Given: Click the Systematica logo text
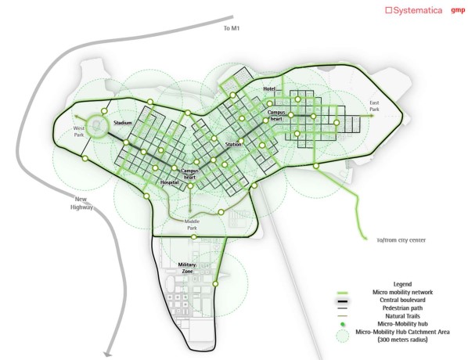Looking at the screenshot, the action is pyautogui.click(x=414, y=10).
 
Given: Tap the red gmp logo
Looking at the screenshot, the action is pyautogui.click(x=458, y=10).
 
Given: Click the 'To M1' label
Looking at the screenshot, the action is pyautogui.click(x=232, y=28).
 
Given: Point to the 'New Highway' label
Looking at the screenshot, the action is pyautogui.click(x=81, y=203).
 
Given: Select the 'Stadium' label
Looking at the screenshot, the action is pyautogui.click(x=123, y=123).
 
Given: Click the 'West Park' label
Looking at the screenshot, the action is pyautogui.click(x=79, y=131).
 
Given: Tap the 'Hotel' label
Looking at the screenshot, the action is pyautogui.click(x=269, y=89).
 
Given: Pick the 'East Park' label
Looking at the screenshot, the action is pyautogui.click(x=374, y=106).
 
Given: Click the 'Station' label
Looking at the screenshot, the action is pyautogui.click(x=233, y=145).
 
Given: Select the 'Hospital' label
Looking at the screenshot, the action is pyautogui.click(x=170, y=182).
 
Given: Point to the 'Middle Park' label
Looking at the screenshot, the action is pyautogui.click(x=192, y=225).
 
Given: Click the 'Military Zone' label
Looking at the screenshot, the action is pyautogui.click(x=187, y=268).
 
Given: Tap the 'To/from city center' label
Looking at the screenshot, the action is pyautogui.click(x=401, y=240).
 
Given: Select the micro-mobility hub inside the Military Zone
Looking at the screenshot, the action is pyautogui.click(x=215, y=283).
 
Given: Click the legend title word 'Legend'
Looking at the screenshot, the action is pyautogui.click(x=402, y=284).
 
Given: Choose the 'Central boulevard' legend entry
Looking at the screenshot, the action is pyautogui.click(x=402, y=300).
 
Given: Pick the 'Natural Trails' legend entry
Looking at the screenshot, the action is pyautogui.click(x=402, y=316).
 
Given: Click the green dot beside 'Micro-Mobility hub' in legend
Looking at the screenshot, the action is pyautogui.click(x=343, y=325).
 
